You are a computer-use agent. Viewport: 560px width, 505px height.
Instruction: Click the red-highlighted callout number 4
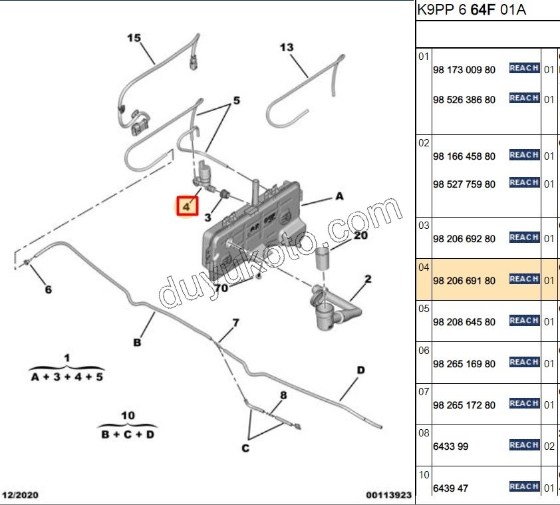pyautogui.click(x=186, y=207)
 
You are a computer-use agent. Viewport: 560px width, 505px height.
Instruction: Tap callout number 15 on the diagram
pyautogui.click(x=134, y=38)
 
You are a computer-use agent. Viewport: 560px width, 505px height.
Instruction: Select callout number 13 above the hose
pyautogui.click(x=286, y=47)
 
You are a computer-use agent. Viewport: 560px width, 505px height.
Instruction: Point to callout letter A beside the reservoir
pyautogui.click(x=339, y=196)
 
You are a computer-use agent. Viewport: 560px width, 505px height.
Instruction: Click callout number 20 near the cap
pyautogui.click(x=360, y=235)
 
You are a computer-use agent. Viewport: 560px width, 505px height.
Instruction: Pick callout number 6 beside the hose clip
pyautogui.click(x=48, y=289)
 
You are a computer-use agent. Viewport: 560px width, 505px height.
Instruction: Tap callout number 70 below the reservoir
pyautogui.click(x=221, y=288)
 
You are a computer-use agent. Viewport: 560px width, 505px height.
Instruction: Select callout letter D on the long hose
pyautogui.click(x=360, y=370)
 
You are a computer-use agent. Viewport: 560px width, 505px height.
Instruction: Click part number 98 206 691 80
pyautogui.click(x=464, y=281)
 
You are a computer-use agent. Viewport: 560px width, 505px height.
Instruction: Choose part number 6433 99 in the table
pyautogui.click(x=450, y=446)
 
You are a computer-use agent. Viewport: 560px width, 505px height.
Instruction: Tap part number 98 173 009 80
pyautogui.click(x=464, y=70)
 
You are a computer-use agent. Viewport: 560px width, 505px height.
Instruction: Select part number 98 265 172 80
pyautogui.click(x=464, y=405)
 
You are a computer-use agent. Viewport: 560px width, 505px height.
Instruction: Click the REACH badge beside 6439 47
pyautogui.click(x=523, y=486)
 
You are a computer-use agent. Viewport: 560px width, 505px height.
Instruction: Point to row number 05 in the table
pyautogui.click(x=424, y=309)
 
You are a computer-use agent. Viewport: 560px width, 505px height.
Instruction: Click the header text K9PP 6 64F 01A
pyautogui.click(x=471, y=11)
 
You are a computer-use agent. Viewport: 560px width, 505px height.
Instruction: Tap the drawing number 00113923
pyautogui.click(x=389, y=495)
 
